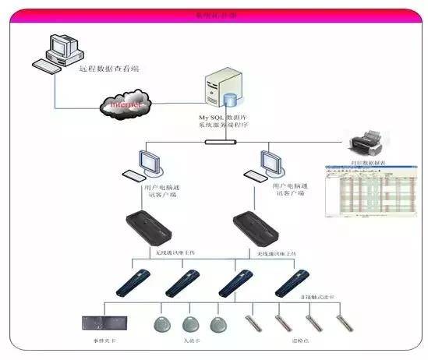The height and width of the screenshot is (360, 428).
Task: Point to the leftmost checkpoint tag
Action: (251, 323)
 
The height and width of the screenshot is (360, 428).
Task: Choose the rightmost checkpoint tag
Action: (341, 322)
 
